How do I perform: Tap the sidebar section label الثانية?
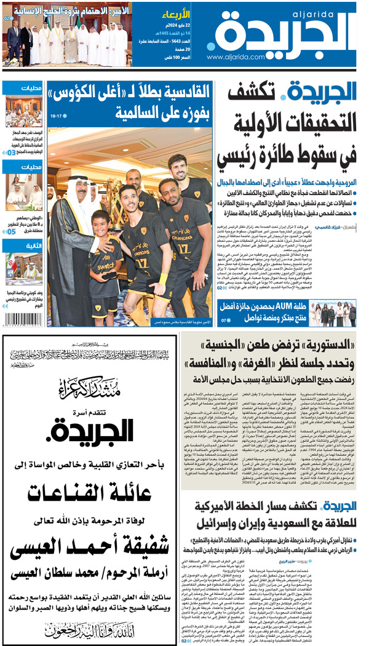point(31,244)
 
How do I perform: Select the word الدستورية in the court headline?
point(318,344)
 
